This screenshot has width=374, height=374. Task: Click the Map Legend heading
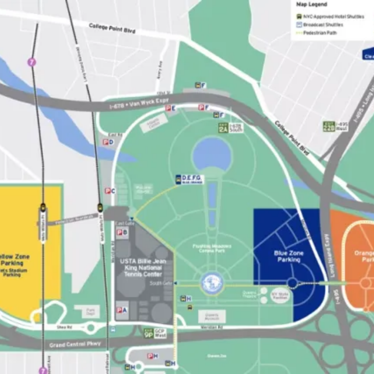point(312,4)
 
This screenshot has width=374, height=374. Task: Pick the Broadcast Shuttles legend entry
point(323,25)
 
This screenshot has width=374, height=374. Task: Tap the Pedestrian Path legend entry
point(320,33)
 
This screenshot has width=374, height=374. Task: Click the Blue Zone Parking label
point(288,256)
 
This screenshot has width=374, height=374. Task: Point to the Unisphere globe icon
point(212,283)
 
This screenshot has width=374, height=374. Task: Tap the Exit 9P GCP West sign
point(154,333)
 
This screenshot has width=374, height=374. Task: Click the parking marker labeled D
point(108,142)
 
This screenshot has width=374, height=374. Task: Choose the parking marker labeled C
point(110,191)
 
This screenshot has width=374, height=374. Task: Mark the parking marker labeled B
point(122,232)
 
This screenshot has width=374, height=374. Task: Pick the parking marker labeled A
point(122,310)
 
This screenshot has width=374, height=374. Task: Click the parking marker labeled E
point(171,108)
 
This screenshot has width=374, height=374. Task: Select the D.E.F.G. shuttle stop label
point(190,180)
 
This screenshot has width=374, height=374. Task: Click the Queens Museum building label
point(212,316)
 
